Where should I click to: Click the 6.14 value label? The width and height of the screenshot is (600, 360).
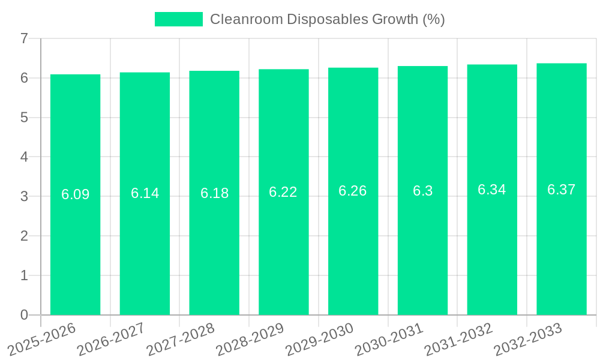pyautogui.click(x=145, y=193)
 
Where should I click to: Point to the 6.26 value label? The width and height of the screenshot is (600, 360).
pyautogui.click(x=353, y=191)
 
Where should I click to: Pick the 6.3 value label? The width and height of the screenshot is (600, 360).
pyautogui.click(x=422, y=191)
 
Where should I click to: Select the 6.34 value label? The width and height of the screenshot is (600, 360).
pyautogui.click(x=492, y=190)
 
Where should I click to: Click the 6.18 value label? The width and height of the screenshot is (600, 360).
pyautogui.click(x=214, y=193)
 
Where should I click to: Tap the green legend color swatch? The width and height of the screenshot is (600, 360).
pyautogui.click(x=179, y=19)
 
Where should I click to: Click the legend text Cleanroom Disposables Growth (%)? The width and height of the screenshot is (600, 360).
pyautogui.click(x=327, y=19)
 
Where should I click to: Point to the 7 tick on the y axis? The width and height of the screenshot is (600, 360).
pyautogui.click(x=24, y=38)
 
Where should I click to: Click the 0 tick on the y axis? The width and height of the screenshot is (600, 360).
pyautogui.click(x=24, y=315)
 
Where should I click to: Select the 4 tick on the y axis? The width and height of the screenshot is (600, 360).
pyautogui.click(x=24, y=157)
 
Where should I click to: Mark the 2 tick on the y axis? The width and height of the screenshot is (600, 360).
pyautogui.click(x=24, y=236)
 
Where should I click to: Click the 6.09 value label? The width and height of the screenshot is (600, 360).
pyautogui.click(x=75, y=194)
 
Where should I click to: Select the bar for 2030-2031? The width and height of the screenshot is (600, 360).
pyautogui.click(x=422, y=252)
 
